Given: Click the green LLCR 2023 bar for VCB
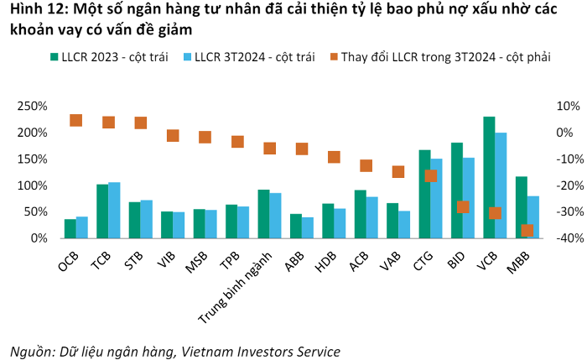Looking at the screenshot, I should [x=489, y=177].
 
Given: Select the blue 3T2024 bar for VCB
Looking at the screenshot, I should [x=501, y=185].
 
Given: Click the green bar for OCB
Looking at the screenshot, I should [x=70, y=229].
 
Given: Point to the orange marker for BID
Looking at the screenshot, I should [x=463, y=207].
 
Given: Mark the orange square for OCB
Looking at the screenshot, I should [x=75, y=120].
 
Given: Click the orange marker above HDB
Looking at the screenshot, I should [x=334, y=157].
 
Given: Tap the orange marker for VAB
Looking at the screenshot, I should [x=398, y=172].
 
